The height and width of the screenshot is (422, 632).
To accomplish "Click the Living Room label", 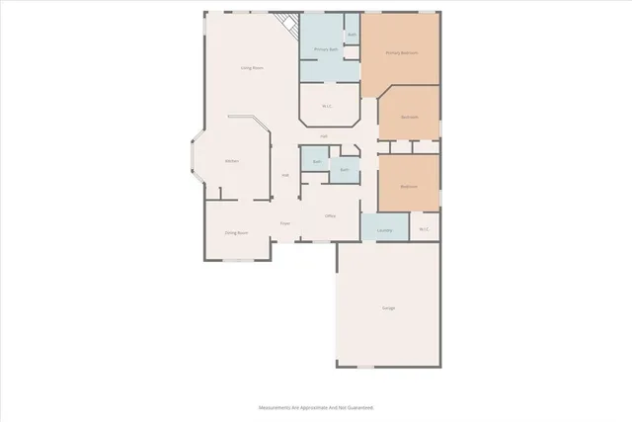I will click(252, 67).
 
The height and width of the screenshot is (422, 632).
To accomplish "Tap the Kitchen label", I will click(232, 160).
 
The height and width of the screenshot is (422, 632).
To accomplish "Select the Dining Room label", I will click(235, 232).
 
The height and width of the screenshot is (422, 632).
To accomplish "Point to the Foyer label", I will click(284, 224).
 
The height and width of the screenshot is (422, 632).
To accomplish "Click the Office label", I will click(331, 215).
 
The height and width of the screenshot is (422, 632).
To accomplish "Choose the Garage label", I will click(388, 308).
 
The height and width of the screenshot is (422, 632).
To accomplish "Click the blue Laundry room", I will click(385, 230).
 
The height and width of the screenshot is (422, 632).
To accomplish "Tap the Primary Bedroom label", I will click(399, 52).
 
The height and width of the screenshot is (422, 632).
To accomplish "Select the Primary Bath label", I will click(326, 49).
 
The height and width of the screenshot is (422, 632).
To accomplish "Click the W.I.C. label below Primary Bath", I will click(326, 106).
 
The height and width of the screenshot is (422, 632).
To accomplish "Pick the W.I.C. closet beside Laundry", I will click(424, 230).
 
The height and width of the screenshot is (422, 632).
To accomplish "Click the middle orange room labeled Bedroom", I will click(409, 117).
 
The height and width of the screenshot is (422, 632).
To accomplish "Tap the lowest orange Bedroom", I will click(408, 186).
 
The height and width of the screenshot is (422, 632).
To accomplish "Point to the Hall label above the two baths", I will click(323, 136).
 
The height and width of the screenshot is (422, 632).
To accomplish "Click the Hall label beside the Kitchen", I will click(285, 176).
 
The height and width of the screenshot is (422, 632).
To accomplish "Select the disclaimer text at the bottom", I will click(316, 407).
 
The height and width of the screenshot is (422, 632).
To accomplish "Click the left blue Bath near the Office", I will click(316, 161).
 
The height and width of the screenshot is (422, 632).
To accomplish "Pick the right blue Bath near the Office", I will click(344, 170).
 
